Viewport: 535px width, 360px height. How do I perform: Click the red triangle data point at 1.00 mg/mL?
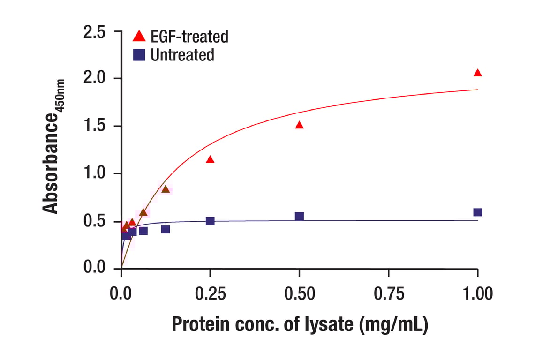pos(477,73)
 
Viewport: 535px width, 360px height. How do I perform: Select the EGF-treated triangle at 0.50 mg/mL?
pos(299,125)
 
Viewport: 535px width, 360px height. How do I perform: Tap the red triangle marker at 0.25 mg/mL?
pos(210,159)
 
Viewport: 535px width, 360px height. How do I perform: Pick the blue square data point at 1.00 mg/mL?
pos(477,212)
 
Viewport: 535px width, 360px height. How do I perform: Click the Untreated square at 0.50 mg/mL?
pos(299,216)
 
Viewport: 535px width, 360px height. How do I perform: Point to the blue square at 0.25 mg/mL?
pos(210,221)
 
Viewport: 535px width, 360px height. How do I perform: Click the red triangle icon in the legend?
pos(139,36)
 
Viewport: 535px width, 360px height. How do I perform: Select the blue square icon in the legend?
pos(139,55)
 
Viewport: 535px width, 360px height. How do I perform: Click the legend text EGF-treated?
pos(189,36)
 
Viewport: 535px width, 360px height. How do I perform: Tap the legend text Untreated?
pos(182,55)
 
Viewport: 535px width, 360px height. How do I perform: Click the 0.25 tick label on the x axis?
pos(210,294)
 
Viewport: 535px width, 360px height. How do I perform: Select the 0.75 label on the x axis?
pos(388,294)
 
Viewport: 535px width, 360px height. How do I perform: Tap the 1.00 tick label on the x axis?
pos(477,294)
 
